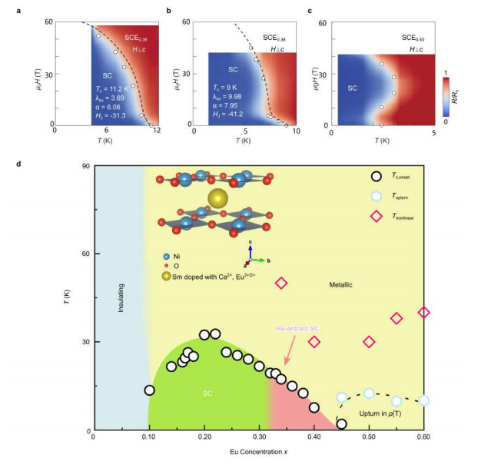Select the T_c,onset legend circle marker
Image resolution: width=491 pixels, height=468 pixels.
click(x=377, y=176)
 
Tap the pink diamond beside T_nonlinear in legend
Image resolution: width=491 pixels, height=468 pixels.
click(x=377, y=216)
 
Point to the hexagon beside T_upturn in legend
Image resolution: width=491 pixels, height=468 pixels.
click(x=377, y=196)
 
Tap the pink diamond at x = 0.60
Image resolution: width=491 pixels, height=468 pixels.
click(x=423, y=312)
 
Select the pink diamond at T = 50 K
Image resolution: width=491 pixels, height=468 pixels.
click(x=281, y=284)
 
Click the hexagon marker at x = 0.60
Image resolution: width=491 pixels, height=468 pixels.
click(x=423, y=400)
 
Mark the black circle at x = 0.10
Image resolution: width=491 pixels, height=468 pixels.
click(x=149, y=390)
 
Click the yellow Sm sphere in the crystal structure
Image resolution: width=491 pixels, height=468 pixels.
click(x=218, y=197)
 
